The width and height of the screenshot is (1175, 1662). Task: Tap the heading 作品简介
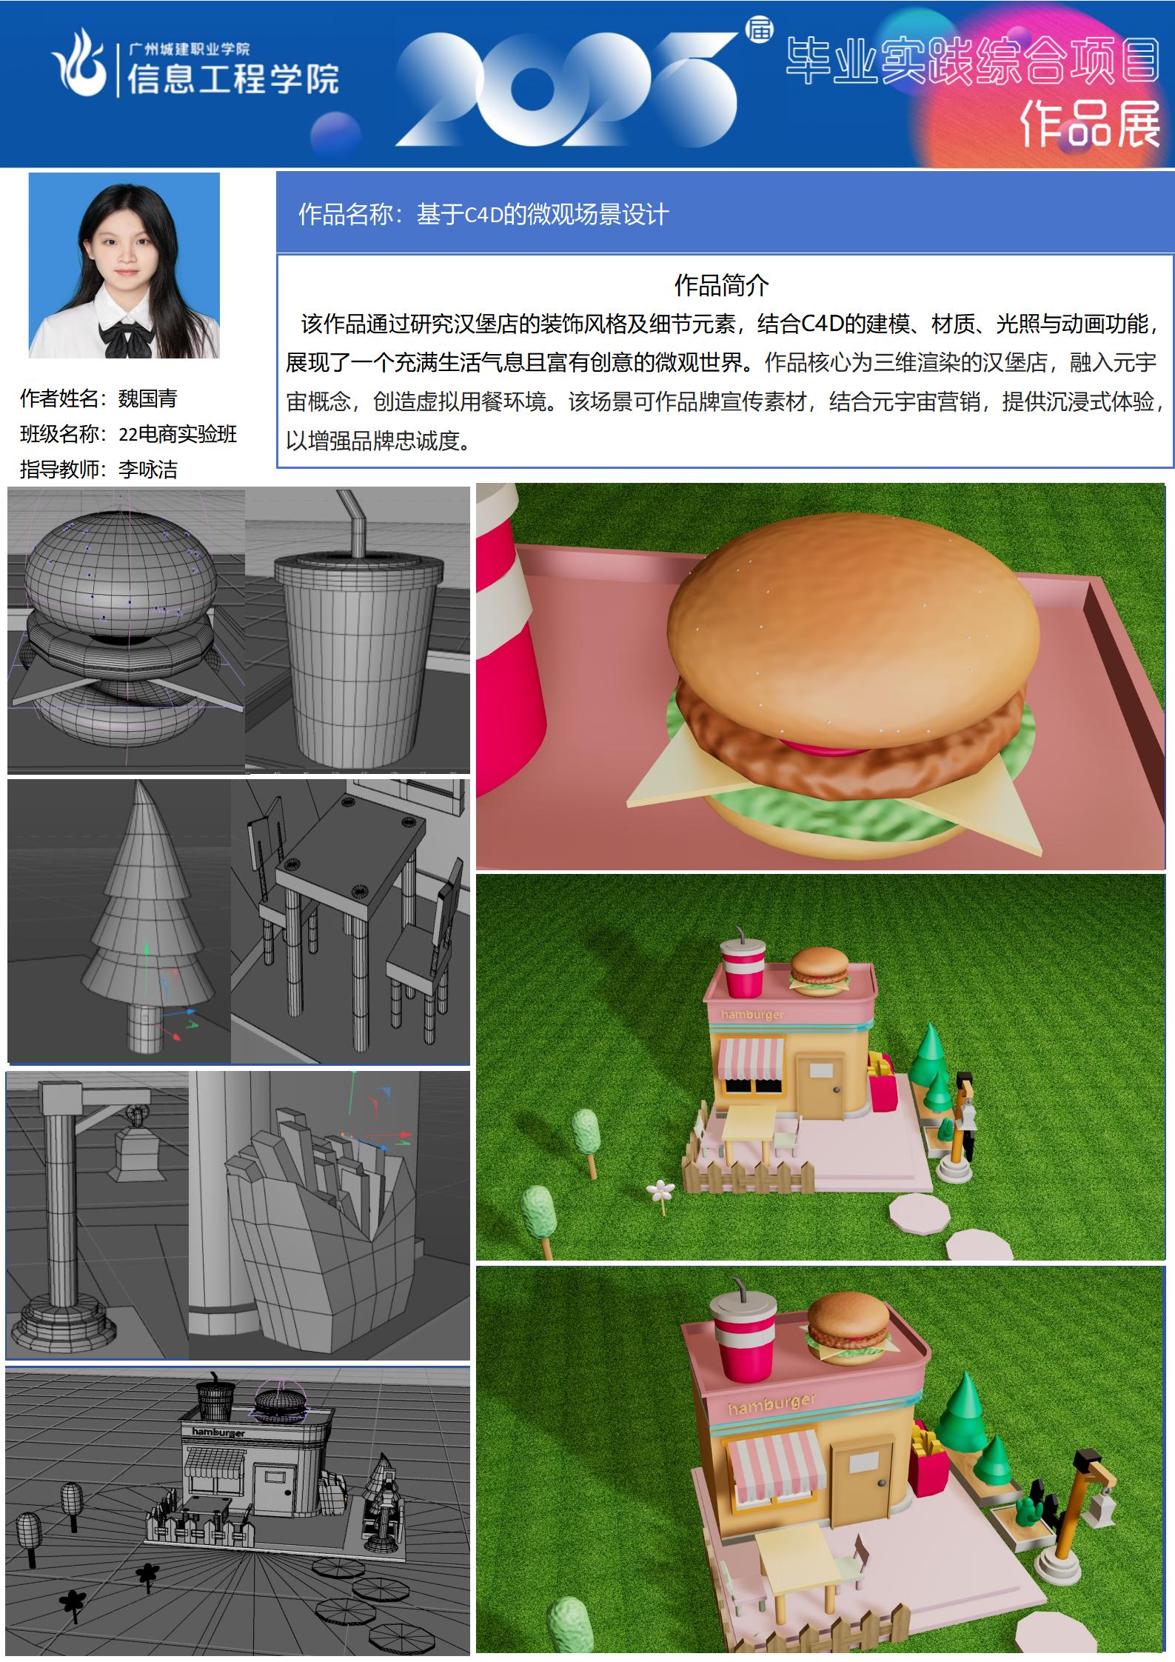721,284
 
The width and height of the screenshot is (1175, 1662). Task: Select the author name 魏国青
148,398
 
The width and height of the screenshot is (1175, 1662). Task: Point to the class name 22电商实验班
178,434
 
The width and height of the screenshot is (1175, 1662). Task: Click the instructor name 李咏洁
148,469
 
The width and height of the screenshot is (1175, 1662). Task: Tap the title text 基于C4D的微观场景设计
543,215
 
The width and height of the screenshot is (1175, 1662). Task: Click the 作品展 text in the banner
1090,124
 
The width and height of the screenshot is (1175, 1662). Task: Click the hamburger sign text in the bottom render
771,1404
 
